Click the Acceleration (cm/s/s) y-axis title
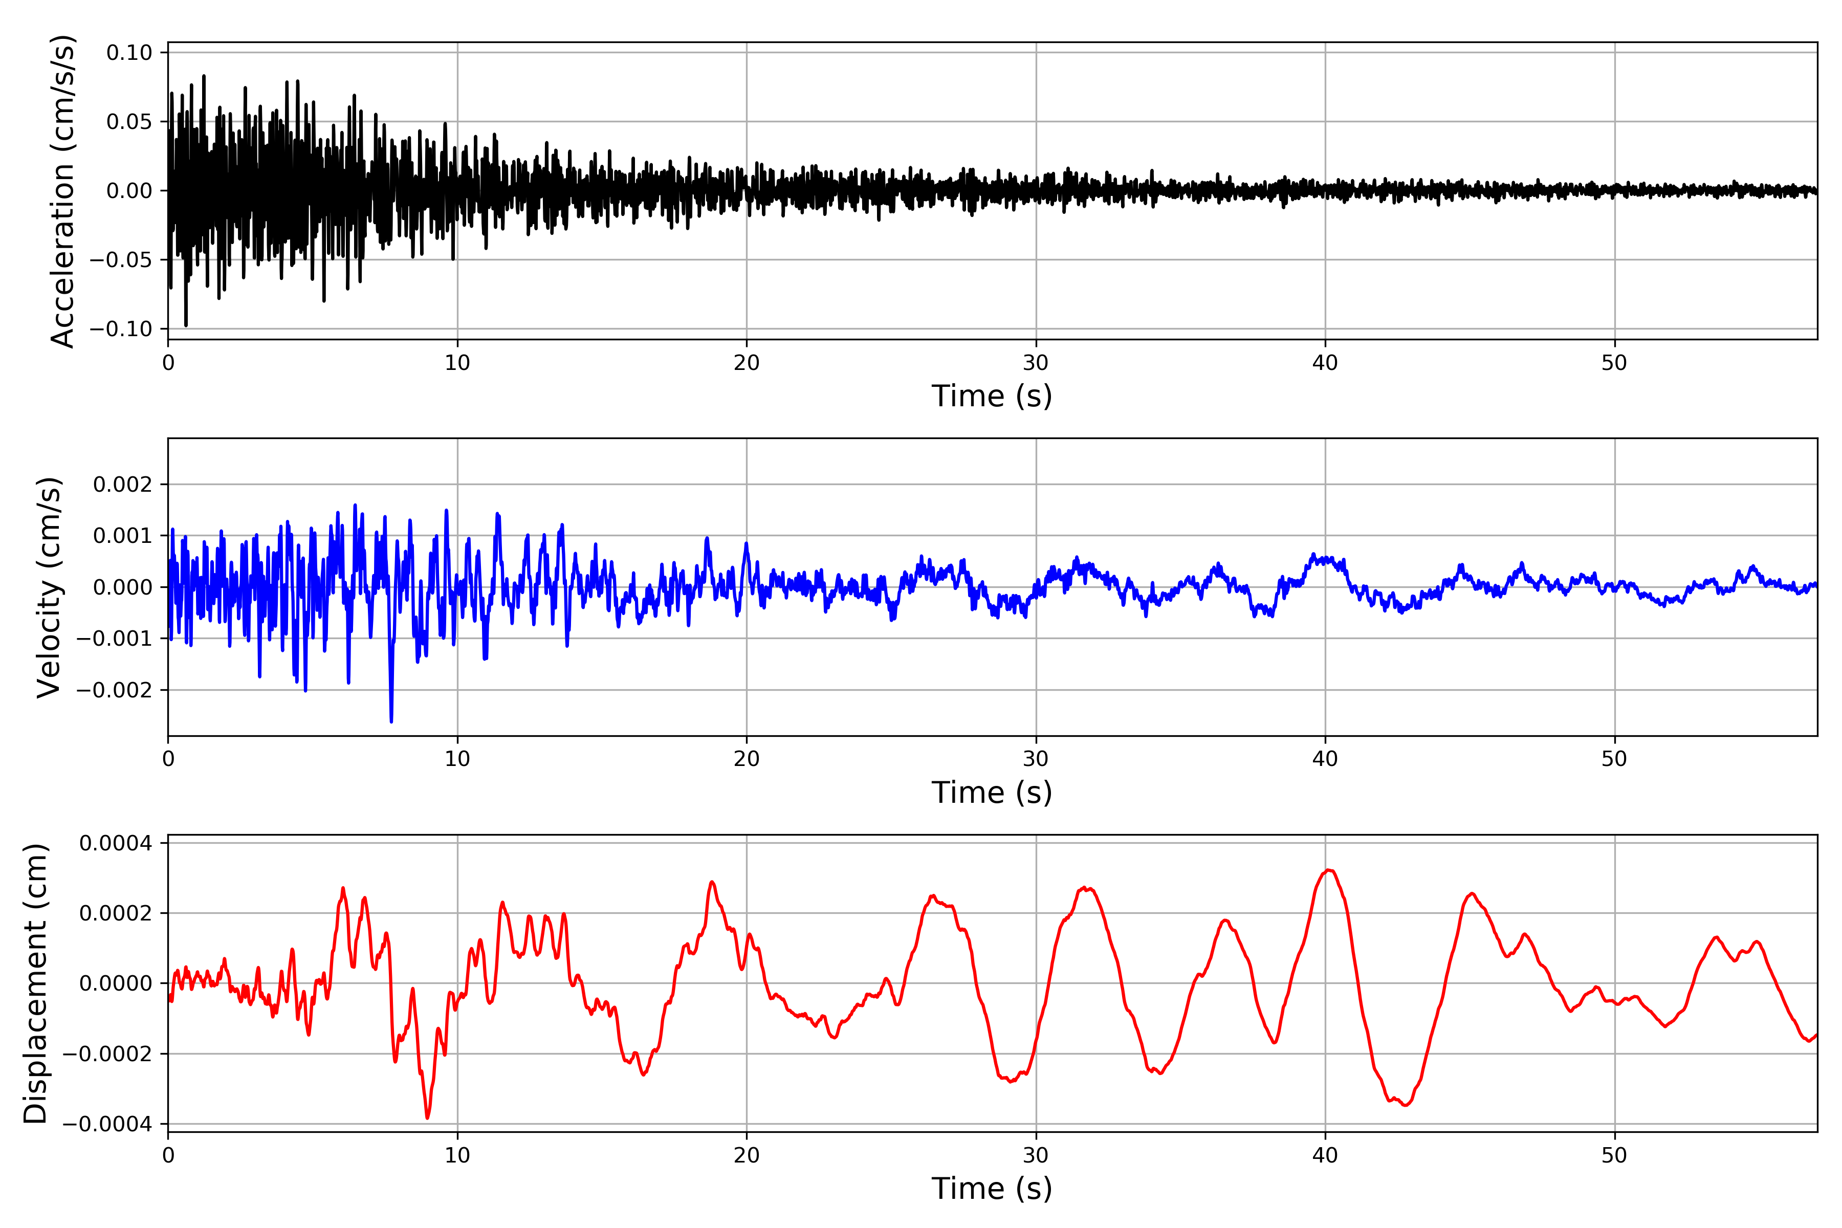tap(62, 191)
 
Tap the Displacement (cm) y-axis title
tap(35, 983)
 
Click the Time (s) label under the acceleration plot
tap(992, 396)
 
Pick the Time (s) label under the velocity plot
tap(992, 793)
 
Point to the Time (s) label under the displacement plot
tap(992, 1189)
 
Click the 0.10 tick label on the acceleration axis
tap(129, 53)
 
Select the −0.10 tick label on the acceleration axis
tap(121, 329)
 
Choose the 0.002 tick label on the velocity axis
tap(123, 485)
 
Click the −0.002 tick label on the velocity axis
tap(114, 690)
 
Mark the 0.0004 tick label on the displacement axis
tap(116, 843)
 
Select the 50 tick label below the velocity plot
tap(1614, 759)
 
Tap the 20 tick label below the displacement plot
tap(747, 1155)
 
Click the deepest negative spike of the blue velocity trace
tap(391, 720)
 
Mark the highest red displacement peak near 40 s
tap(1328, 870)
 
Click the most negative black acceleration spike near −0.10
tap(186, 325)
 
